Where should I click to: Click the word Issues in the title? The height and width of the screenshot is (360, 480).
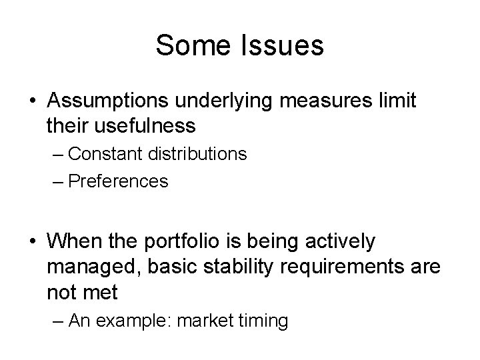[283, 46]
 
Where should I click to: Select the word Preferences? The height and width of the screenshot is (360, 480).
[118, 181]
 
